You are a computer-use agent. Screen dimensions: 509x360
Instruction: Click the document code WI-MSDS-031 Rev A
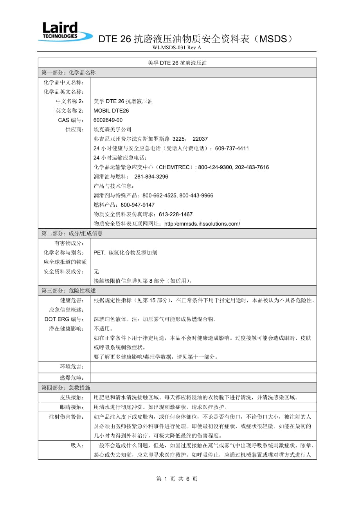point(177,48)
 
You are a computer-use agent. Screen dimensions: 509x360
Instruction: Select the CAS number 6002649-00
point(108,120)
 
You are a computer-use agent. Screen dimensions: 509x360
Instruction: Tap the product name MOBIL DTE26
point(111,111)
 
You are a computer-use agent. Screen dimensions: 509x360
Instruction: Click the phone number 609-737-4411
point(232,149)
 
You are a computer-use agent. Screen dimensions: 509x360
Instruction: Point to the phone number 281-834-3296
point(151,177)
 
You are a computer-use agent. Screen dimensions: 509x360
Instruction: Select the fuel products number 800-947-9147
point(138,205)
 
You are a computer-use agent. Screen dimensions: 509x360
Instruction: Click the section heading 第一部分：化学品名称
point(68,73)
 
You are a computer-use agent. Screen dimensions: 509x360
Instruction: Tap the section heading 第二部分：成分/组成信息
point(72,233)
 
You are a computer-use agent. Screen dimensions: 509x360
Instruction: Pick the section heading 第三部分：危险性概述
point(68,290)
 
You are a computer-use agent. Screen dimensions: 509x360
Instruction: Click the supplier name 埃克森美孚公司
point(113,129)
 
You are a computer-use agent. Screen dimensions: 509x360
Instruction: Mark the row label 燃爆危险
point(72,378)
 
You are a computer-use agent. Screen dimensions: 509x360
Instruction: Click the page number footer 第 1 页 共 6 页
point(177,479)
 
